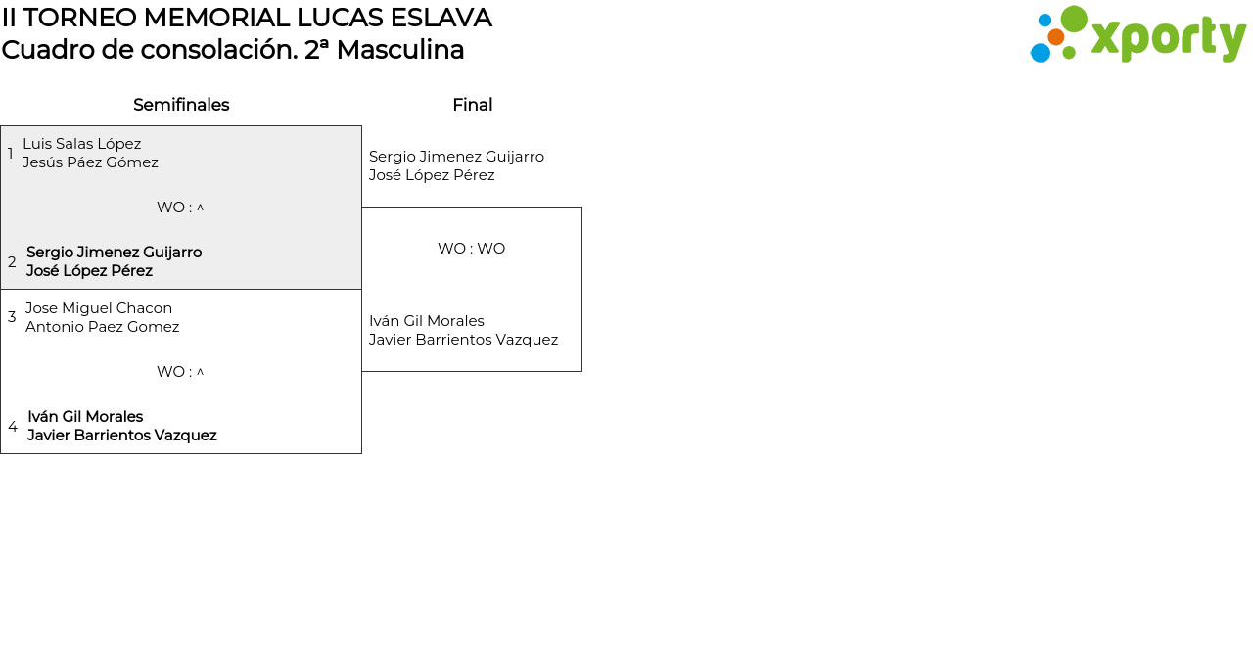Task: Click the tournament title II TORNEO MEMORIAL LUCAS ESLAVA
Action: coord(247,18)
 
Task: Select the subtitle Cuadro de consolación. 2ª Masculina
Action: coord(233,50)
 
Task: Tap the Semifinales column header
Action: coord(181,105)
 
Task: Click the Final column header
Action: coord(472,105)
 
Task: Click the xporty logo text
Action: coord(1168,38)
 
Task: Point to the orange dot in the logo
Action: coord(1056,37)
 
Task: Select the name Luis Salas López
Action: coord(82,144)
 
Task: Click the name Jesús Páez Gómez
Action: coord(90,162)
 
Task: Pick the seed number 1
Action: coord(11,154)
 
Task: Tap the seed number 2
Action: coord(12,262)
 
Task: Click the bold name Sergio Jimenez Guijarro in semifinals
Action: coord(115,253)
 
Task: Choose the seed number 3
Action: coord(12,317)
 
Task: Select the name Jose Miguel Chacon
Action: coord(99,308)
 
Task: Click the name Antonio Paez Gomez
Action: coord(103,327)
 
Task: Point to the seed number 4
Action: coord(13,427)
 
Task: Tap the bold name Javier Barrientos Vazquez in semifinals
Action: coord(122,436)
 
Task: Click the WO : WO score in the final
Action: coord(471,249)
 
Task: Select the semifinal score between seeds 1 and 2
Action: coord(180,208)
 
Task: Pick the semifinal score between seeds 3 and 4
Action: coord(180,372)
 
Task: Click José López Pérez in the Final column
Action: coord(432,175)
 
